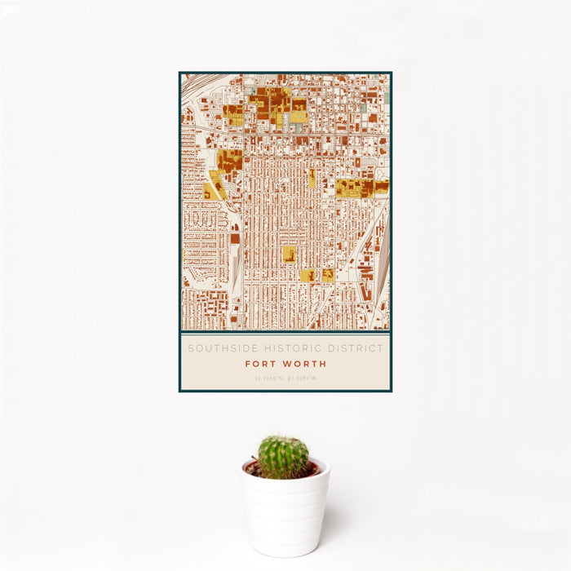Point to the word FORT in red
(261, 364)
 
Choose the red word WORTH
(305, 364)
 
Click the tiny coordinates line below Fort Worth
(285, 378)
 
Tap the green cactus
(284, 456)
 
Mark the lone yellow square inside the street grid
(290, 254)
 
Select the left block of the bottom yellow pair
(307, 276)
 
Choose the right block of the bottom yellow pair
(328, 276)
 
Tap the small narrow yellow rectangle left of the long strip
(312, 178)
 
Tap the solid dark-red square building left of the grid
(235, 239)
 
